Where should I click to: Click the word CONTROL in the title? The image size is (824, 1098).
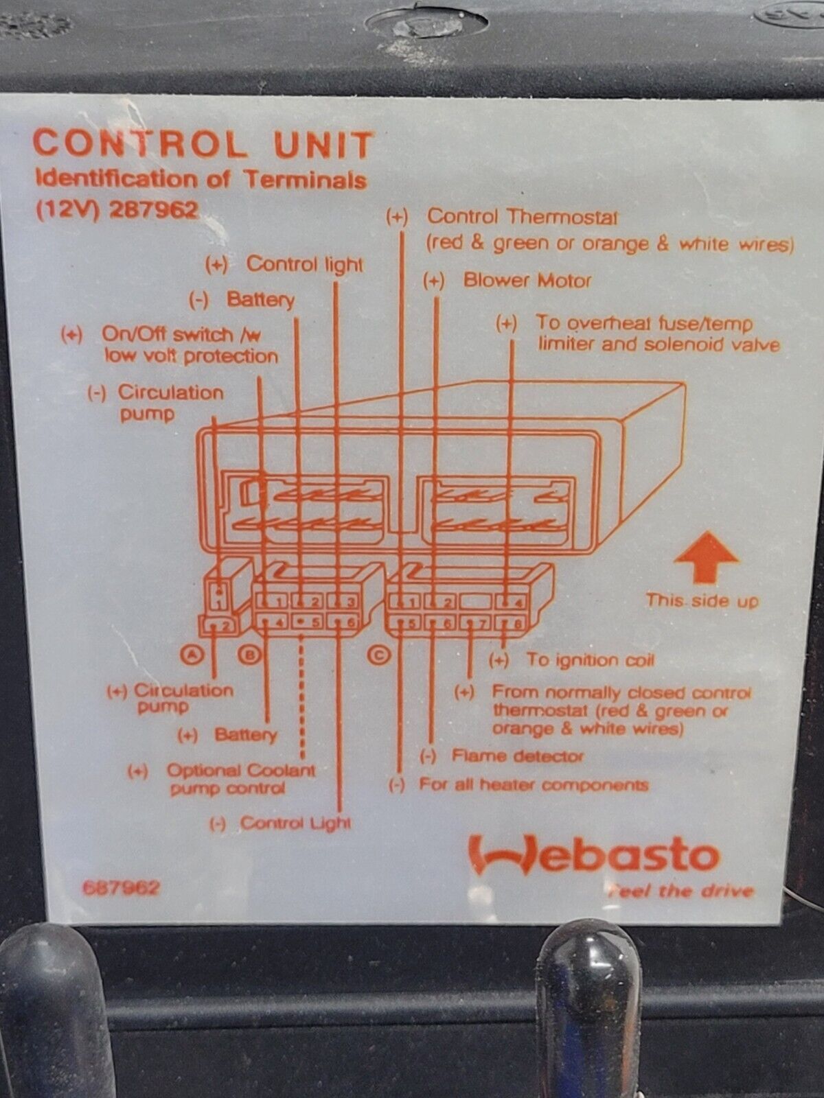(x=141, y=145)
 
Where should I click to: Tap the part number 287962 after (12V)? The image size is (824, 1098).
(x=153, y=211)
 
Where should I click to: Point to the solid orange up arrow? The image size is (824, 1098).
(x=705, y=557)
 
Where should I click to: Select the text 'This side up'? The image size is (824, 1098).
(x=701, y=600)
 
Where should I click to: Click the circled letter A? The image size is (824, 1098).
(x=192, y=654)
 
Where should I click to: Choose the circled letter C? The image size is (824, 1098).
(x=379, y=654)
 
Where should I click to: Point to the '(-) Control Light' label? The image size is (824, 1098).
(x=280, y=822)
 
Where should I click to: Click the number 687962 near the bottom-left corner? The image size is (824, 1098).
(x=121, y=888)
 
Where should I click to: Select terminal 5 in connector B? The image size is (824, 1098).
(x=308, y=623)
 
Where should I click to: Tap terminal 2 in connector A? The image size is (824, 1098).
(x=220, y=625)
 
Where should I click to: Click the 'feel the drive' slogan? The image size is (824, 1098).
(x=680, y=891)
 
